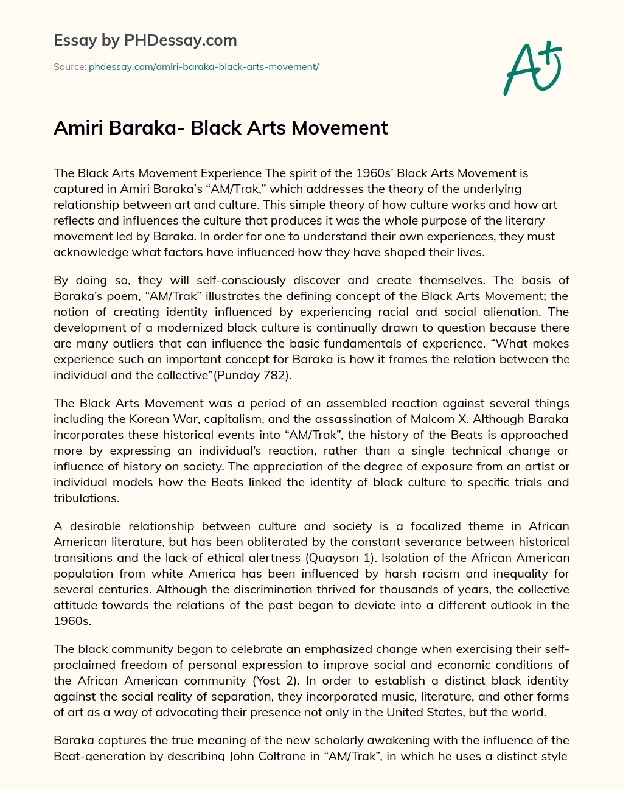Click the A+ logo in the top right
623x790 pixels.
[x=532, y=68]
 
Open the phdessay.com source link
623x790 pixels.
[x=204, y=67]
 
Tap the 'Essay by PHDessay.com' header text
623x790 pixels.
[x=145, y=40]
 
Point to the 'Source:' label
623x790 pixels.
[x=70, y=67]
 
